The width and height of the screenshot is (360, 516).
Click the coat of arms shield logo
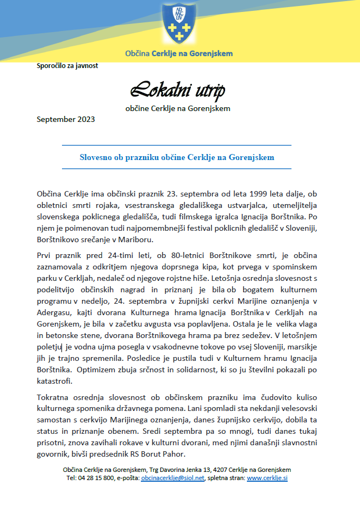(x=179, y=24)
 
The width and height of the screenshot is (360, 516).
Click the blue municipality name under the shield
(x=179, y=54)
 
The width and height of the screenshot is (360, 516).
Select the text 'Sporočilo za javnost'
(x=67, y=66)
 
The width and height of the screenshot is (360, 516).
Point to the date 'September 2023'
(x=66, y=119)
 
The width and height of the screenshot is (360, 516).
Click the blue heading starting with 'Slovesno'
(x=177, y=157)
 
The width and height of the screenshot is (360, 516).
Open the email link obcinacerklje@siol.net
(x=172, y=478)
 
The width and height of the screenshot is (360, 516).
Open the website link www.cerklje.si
(x=267, y=478)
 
